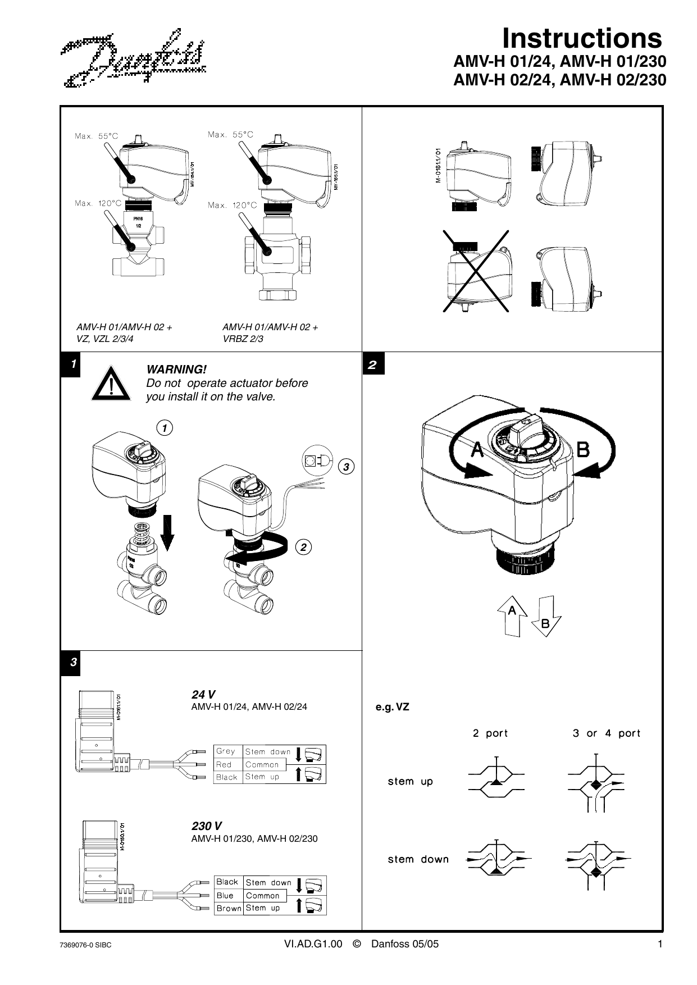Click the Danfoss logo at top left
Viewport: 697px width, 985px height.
(134, 60)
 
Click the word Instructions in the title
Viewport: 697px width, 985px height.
(581, 39)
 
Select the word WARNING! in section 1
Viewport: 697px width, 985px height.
(176, 370)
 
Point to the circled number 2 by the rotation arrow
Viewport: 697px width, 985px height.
(303, 547)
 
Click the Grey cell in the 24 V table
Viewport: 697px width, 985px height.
(226, 751)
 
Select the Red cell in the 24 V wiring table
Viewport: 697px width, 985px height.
(225, 764)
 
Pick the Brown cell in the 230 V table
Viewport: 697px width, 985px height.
(229, 908)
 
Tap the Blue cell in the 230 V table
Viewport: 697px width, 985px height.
(225, 896)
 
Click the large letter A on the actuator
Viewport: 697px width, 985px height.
(477, 450)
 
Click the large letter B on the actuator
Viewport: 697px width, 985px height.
(583, 450)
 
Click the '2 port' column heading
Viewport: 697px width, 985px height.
(490, 733)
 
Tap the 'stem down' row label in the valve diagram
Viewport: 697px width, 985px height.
(418, 859)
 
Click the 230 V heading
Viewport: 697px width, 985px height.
(207, 826)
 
